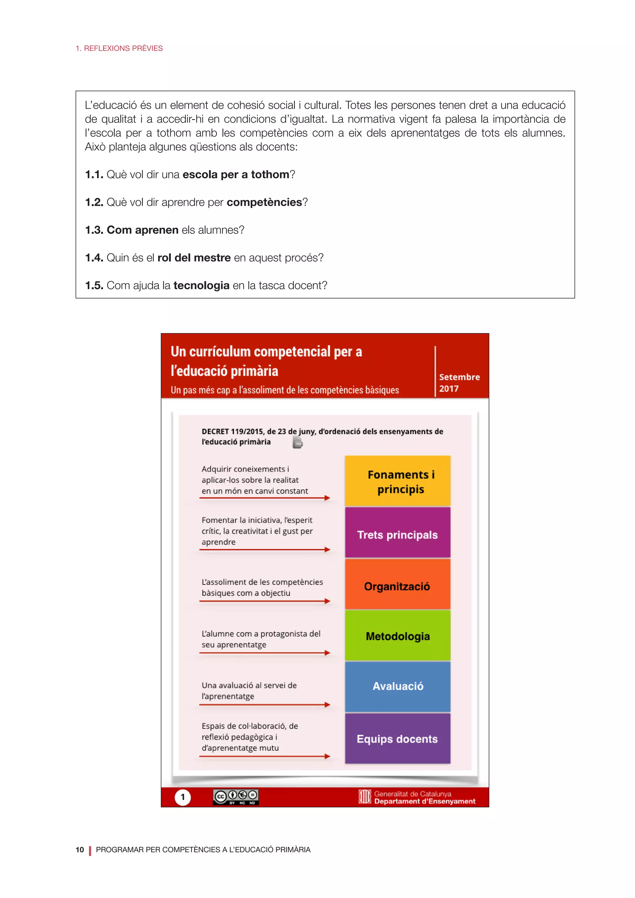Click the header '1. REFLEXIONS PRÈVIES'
pos(119,48)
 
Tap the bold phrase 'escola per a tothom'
pos(236,175)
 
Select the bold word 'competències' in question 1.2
pos(264,202)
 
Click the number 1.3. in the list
pos(94,230)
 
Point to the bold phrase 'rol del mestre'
pos(194,258)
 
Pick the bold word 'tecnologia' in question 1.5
pos(201,286)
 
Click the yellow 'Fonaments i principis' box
pos(398,481)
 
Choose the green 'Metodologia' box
pos(398,636)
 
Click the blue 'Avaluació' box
pos(398,687)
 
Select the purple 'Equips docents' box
pos(398,738)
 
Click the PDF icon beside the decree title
pos(298,443)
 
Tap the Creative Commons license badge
pos(235,797)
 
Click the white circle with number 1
pos(183,797)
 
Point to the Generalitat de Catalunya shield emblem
pos(364,797)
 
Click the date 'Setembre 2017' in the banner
pos(459,383)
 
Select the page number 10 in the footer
pos(80,850)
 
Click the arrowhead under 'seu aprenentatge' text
pos(327,653)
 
